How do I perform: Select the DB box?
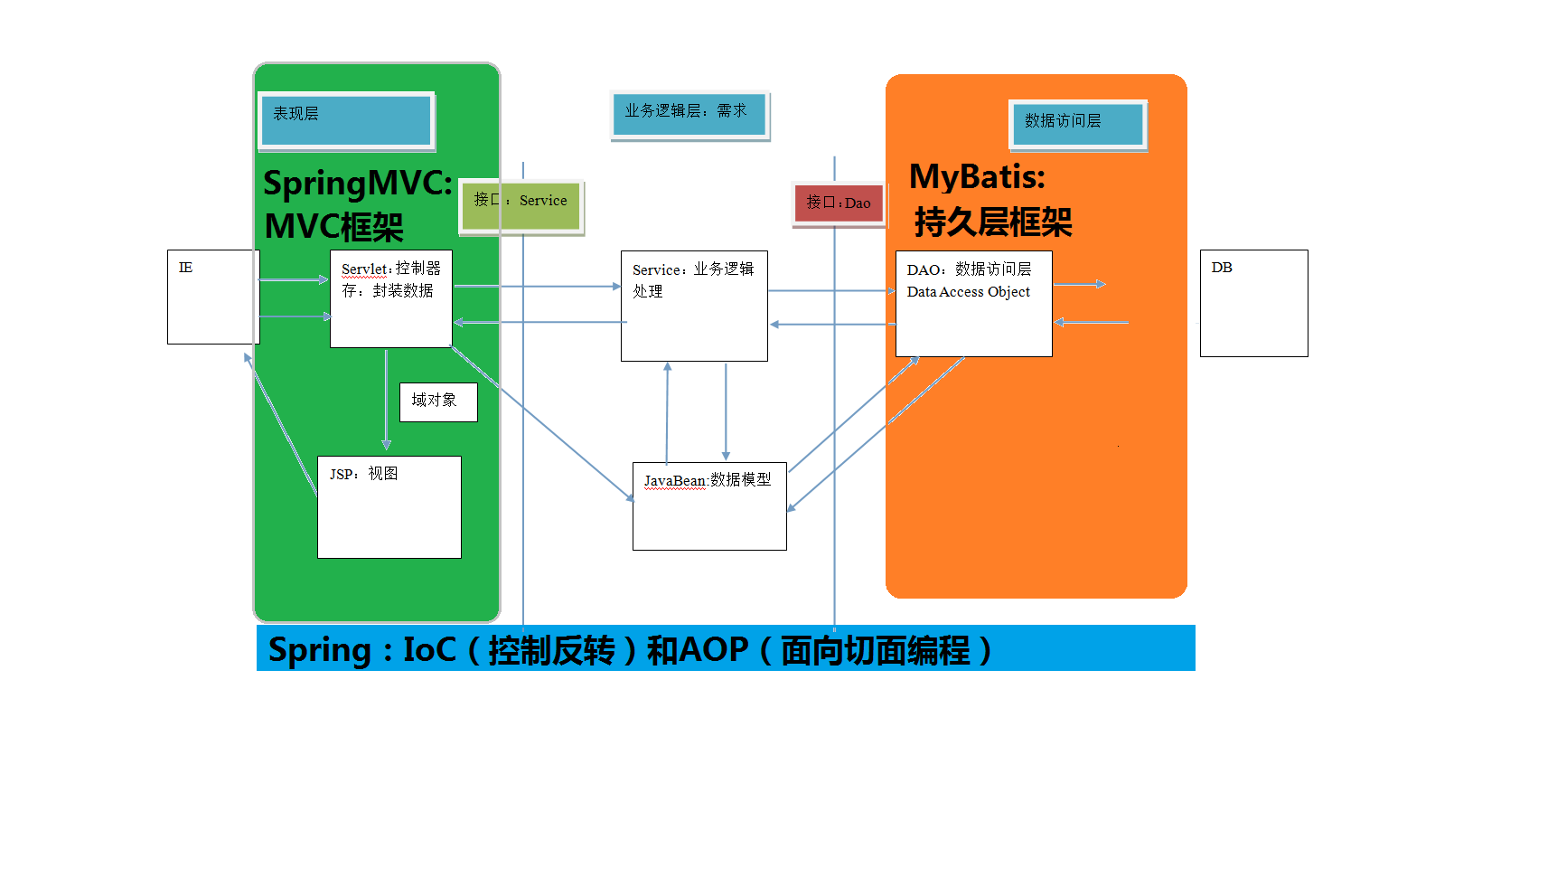(x=1253, y=303)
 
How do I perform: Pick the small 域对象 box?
(x=437, y=401)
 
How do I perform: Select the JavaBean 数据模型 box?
(x=709, y=505)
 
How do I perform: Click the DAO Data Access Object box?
(x=973, y=303)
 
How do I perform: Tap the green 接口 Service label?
(x=521, y=207)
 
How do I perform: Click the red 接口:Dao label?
(x=839, y=203)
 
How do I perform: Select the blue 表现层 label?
(x=346, y=120)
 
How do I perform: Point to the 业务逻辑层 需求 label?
(x=689, y=115)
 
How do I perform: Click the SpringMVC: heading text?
(x=358, y=184)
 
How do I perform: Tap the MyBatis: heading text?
(x=977, y=177)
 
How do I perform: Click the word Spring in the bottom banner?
(x=320, y=650)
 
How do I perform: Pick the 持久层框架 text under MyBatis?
(x=992, y=222)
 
